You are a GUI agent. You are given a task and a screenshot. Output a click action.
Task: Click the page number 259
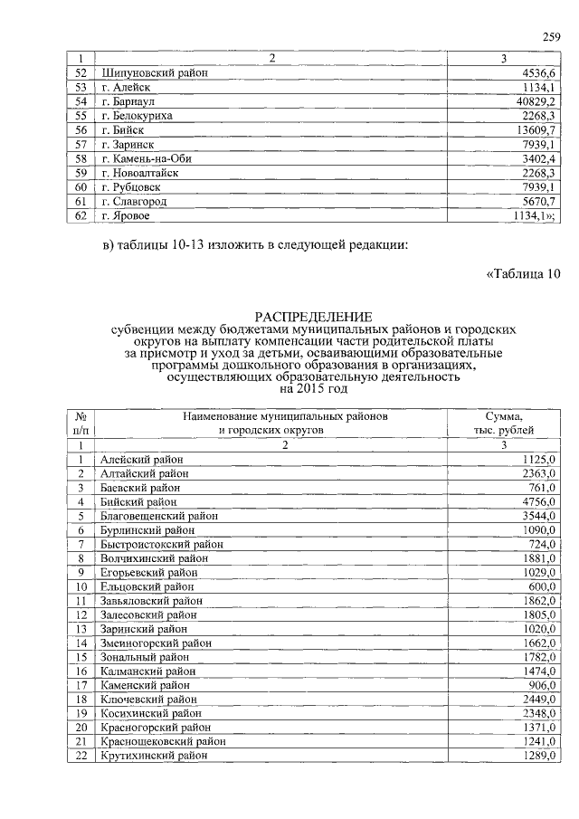coord(551,37)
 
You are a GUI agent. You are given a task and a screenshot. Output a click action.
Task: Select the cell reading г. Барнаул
coord(130,102)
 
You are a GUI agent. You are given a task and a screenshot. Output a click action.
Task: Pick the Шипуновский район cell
coord(150,73)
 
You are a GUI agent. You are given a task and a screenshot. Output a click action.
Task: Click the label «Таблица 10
coord(524,275)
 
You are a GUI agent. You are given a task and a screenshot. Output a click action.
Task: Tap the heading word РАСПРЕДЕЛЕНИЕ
coord(313,317)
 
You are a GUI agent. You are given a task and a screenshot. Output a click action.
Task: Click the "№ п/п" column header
coord(81,423)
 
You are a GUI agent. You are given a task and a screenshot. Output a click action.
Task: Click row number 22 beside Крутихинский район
coord(81,755)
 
